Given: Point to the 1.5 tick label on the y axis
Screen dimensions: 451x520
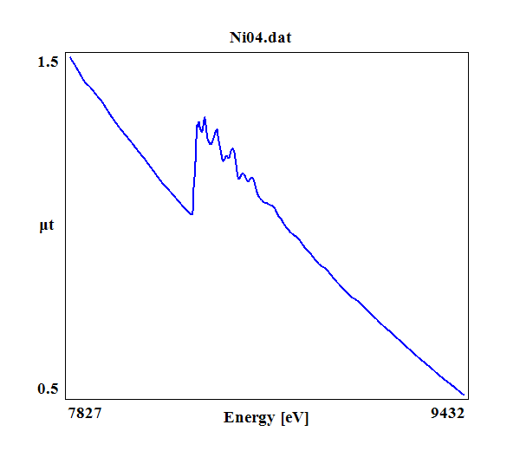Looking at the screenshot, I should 48,62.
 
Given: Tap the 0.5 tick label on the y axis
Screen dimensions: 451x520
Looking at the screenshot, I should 48,389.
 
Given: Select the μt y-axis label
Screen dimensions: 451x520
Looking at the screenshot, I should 47,227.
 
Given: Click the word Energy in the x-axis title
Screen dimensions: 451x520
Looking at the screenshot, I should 249,418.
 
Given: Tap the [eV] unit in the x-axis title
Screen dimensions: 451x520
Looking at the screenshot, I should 295,418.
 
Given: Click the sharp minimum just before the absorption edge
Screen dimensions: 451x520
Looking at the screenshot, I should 192,213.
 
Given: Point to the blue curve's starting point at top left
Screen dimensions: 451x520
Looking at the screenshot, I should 70,57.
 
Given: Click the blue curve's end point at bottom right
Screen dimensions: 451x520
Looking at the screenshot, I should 465,395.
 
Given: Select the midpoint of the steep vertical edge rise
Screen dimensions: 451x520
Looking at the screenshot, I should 195,169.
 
